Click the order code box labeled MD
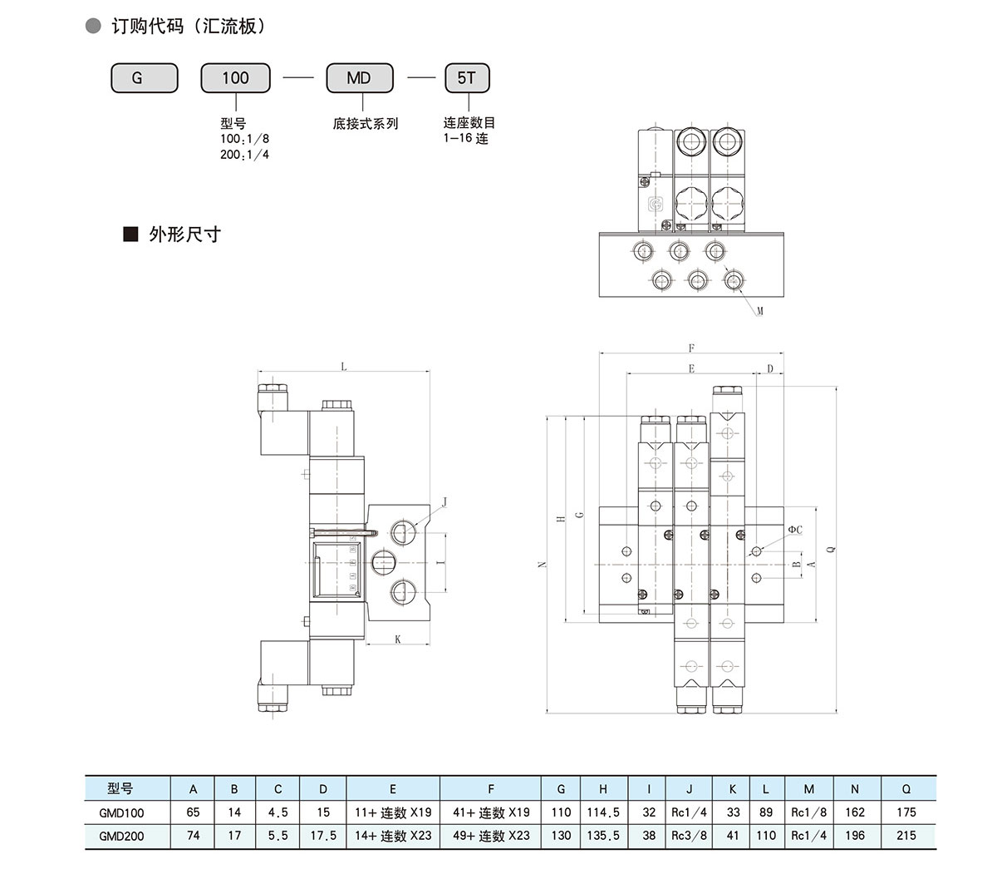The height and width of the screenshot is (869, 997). point(360,78)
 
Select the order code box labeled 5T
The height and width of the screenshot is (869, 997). point(467,78)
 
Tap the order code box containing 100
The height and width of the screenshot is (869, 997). point(235,78)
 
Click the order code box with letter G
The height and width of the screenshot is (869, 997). point(145,78)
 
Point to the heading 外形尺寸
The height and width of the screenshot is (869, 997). point(184,235)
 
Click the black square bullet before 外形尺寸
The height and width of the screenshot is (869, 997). point(130,235)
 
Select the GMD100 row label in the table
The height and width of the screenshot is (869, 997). point(121,813)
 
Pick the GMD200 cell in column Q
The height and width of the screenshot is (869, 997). point(906,836)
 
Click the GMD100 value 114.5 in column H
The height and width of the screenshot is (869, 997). point(603,812)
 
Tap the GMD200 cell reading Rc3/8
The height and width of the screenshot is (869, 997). point(689,836)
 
